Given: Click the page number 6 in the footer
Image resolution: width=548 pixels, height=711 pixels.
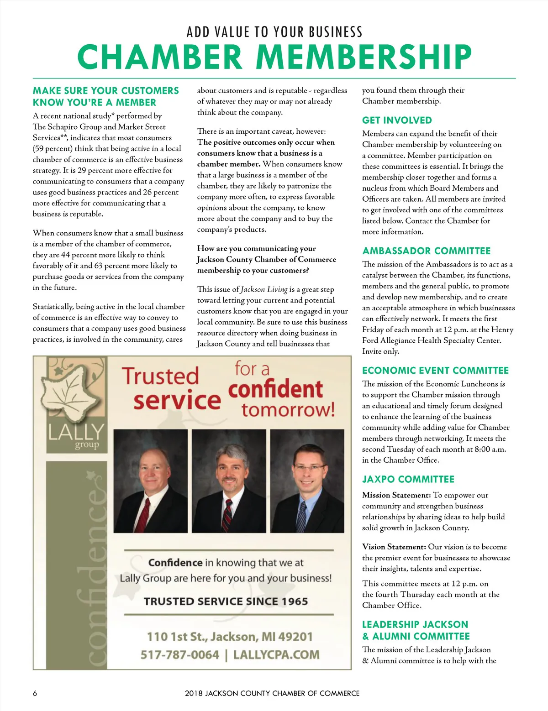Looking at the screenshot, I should [35, 693].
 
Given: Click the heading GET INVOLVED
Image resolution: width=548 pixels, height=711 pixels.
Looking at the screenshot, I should [397, 120].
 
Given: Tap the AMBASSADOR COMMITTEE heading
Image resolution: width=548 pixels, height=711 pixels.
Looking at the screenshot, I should [427, 251].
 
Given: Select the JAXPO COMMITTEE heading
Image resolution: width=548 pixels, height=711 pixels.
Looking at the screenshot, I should [408, 480].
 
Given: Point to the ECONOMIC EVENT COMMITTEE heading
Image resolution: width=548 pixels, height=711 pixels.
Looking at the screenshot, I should [435, 371].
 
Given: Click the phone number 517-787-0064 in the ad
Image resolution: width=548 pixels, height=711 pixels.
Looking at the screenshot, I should [180, 655].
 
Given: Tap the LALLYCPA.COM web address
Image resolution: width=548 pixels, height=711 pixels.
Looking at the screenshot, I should [276, 655].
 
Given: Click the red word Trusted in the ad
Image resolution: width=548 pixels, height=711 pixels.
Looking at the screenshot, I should [160, 376].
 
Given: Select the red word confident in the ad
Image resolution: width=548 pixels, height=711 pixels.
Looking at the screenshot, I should [275, 389].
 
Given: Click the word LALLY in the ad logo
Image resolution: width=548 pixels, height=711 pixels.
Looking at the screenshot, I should [76, 432].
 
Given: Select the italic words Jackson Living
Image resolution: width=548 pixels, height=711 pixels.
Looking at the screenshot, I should [264, 289].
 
